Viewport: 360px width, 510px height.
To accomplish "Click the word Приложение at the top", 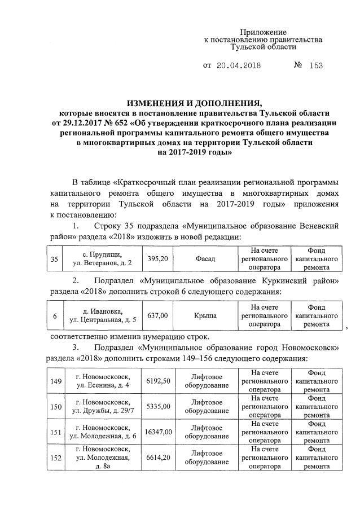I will pyautogui.click(x=264, y=32).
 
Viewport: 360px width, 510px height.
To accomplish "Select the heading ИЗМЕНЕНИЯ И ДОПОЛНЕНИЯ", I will pyautogui.click(x=195, y=103).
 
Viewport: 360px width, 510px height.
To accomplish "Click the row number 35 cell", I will pyautogui.click(x=54, y=260).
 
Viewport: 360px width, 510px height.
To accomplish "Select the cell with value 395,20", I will pyautogui.click(x=159, y=260).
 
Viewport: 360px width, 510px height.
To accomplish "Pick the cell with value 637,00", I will pyautogui.click(x=159, y=316).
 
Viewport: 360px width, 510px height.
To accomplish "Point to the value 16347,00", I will pyautogui.click(x=159, y=432).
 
